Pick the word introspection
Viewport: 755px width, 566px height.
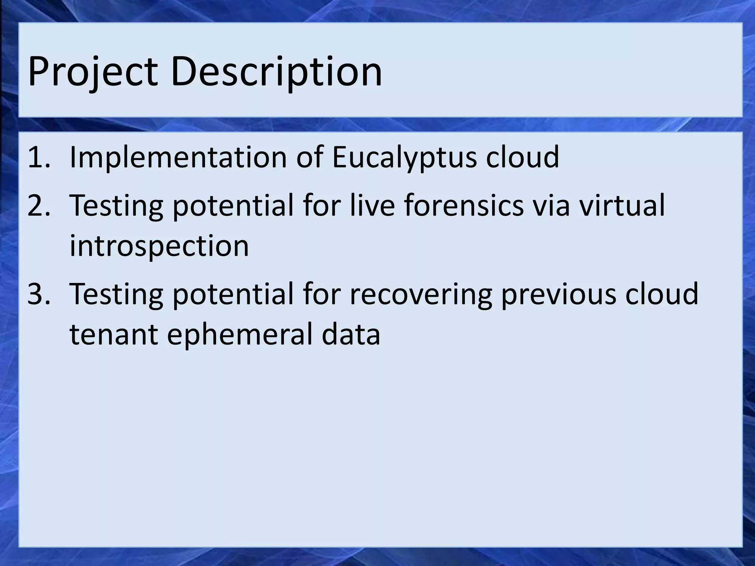click(159, 246)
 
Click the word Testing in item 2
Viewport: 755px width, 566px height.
click(116, 206)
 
